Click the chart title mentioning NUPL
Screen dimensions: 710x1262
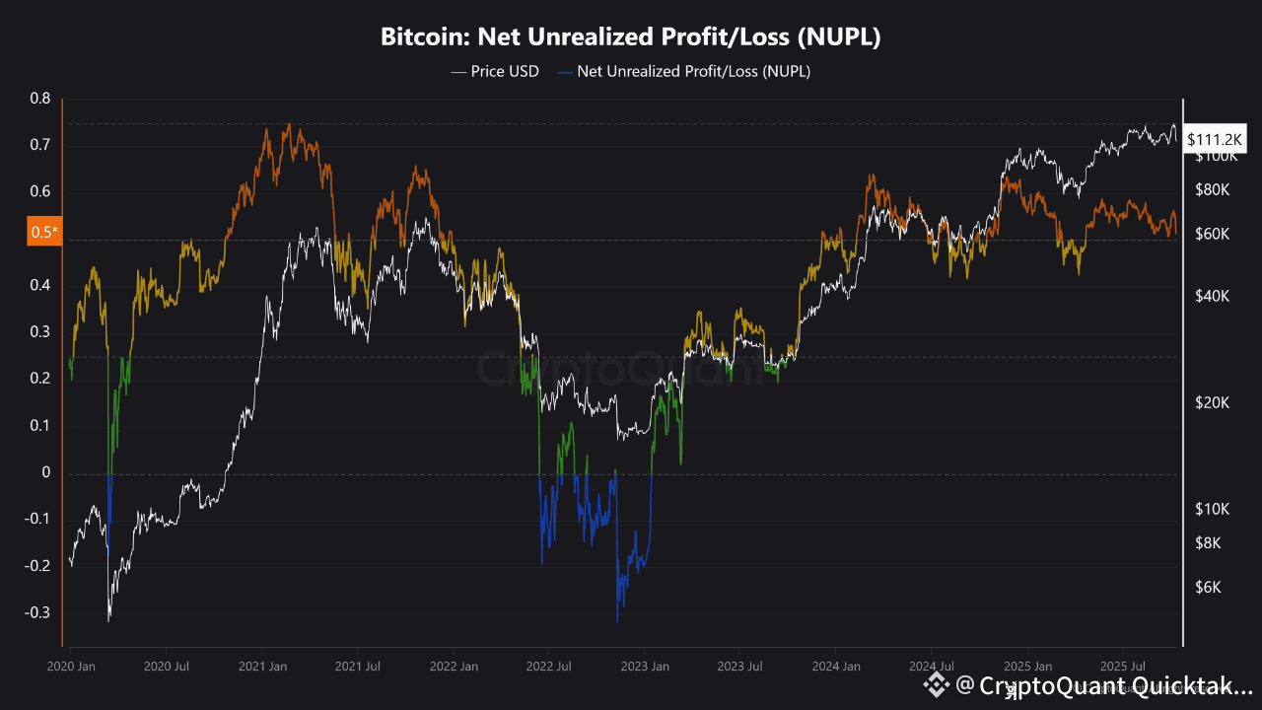(631, 38)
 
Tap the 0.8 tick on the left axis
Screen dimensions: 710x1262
(40, 99)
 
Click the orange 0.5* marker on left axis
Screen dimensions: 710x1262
(44, 232)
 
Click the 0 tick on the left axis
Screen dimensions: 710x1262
(45, 473)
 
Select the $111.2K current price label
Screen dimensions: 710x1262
(1216, 140)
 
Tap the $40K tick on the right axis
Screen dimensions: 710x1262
(1212, 296)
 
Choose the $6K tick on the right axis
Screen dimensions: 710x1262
(1209, 588)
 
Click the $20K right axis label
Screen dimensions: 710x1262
(1212, 402)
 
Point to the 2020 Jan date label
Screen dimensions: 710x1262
(71, 667)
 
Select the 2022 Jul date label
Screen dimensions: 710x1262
(548, 667)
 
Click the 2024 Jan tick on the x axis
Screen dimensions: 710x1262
(834, 667)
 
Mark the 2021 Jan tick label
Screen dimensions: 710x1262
(262, 667)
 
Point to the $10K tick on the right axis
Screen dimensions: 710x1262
(1212, 509)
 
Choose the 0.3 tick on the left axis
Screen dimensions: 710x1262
(40, 332)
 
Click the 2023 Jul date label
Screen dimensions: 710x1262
(738, 667)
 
